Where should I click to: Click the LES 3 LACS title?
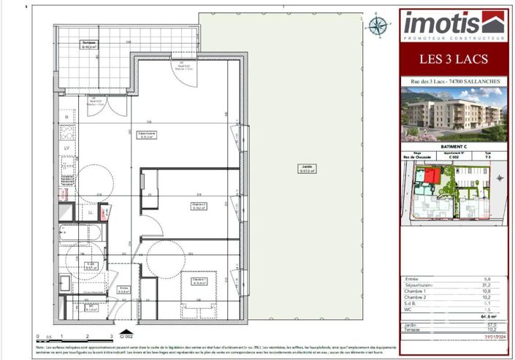pyautogui.click(x=453, y=58)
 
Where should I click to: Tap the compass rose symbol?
pyautogui.click(x=378, y=26)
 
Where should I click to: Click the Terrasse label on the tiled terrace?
pyautogui.click(x=89, y=45)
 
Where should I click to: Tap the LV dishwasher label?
pyautogui.click(x=66, y=148)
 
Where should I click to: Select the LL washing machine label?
pyautogui.click(x=90, y=212)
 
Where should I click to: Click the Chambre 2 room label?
pyautogui.click(x=200, y=206)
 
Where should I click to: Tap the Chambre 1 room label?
pyautogui.click(x=199, y=281)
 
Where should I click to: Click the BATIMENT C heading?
pyautogui.click(x=453, y=147)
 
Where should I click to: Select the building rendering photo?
pyautogui.click(x=453, y=115)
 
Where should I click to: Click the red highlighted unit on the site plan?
pyautogui.click(x=432, y=177)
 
